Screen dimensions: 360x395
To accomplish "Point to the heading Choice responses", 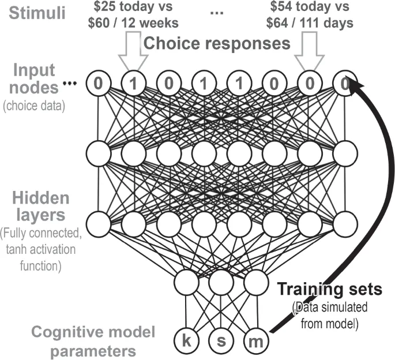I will [x=216, y=43].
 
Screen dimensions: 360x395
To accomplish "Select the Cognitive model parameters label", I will [x=84, y=340].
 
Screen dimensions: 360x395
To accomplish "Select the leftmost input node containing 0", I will [x=99, y=84].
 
